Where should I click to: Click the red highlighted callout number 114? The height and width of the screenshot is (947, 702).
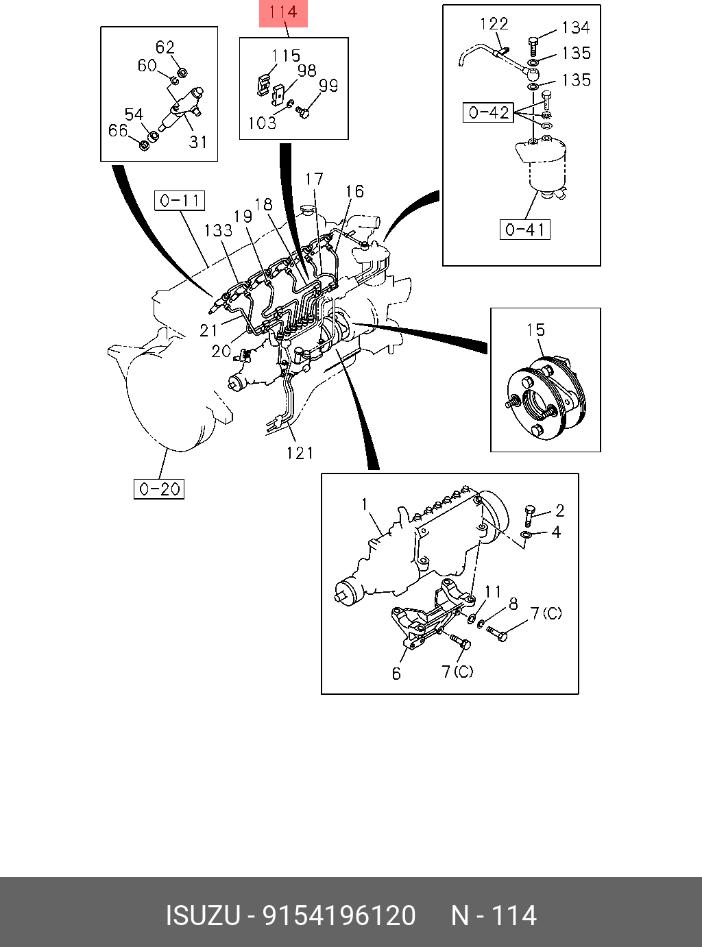pos(282,12)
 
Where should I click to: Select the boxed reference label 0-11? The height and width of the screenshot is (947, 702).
pos(180,201)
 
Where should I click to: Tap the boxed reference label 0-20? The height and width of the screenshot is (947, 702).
pos(159,489)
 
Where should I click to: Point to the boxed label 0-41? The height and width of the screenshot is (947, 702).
pos(525,229)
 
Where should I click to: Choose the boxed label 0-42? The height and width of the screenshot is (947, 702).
pos(488,112)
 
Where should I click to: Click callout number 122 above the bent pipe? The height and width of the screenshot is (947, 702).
pos(494,24)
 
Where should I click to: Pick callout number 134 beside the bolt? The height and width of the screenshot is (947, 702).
pos(575,27)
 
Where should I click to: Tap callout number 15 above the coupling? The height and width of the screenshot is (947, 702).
pos(535,330)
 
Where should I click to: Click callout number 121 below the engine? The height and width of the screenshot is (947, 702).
pos(300,453)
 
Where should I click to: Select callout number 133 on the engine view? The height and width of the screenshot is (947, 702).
pos(218,230)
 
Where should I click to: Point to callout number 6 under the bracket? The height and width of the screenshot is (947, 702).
pos(396,674)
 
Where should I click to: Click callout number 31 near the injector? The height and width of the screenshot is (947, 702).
pos(197,142)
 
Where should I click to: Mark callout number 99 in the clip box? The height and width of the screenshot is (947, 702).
pos(328,86)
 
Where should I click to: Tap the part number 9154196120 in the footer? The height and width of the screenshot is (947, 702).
pos(339,915)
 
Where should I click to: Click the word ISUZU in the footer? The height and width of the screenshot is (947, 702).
pos(202,915)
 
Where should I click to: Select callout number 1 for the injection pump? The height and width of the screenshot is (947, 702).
pos(365,505)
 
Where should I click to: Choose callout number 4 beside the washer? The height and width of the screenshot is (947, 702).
pos(556,532)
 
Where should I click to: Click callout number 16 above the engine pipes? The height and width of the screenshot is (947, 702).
pos(354,191)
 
